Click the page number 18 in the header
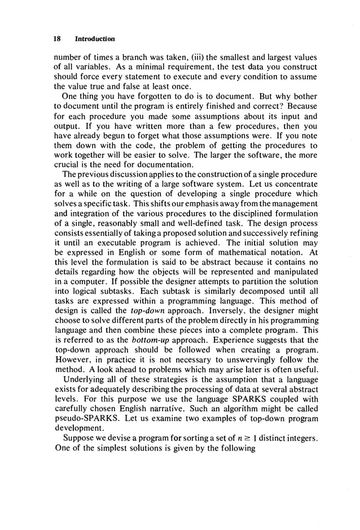pyautogui.click(x=57, y=39)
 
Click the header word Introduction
pyautogui.click(x=95, y=39)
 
